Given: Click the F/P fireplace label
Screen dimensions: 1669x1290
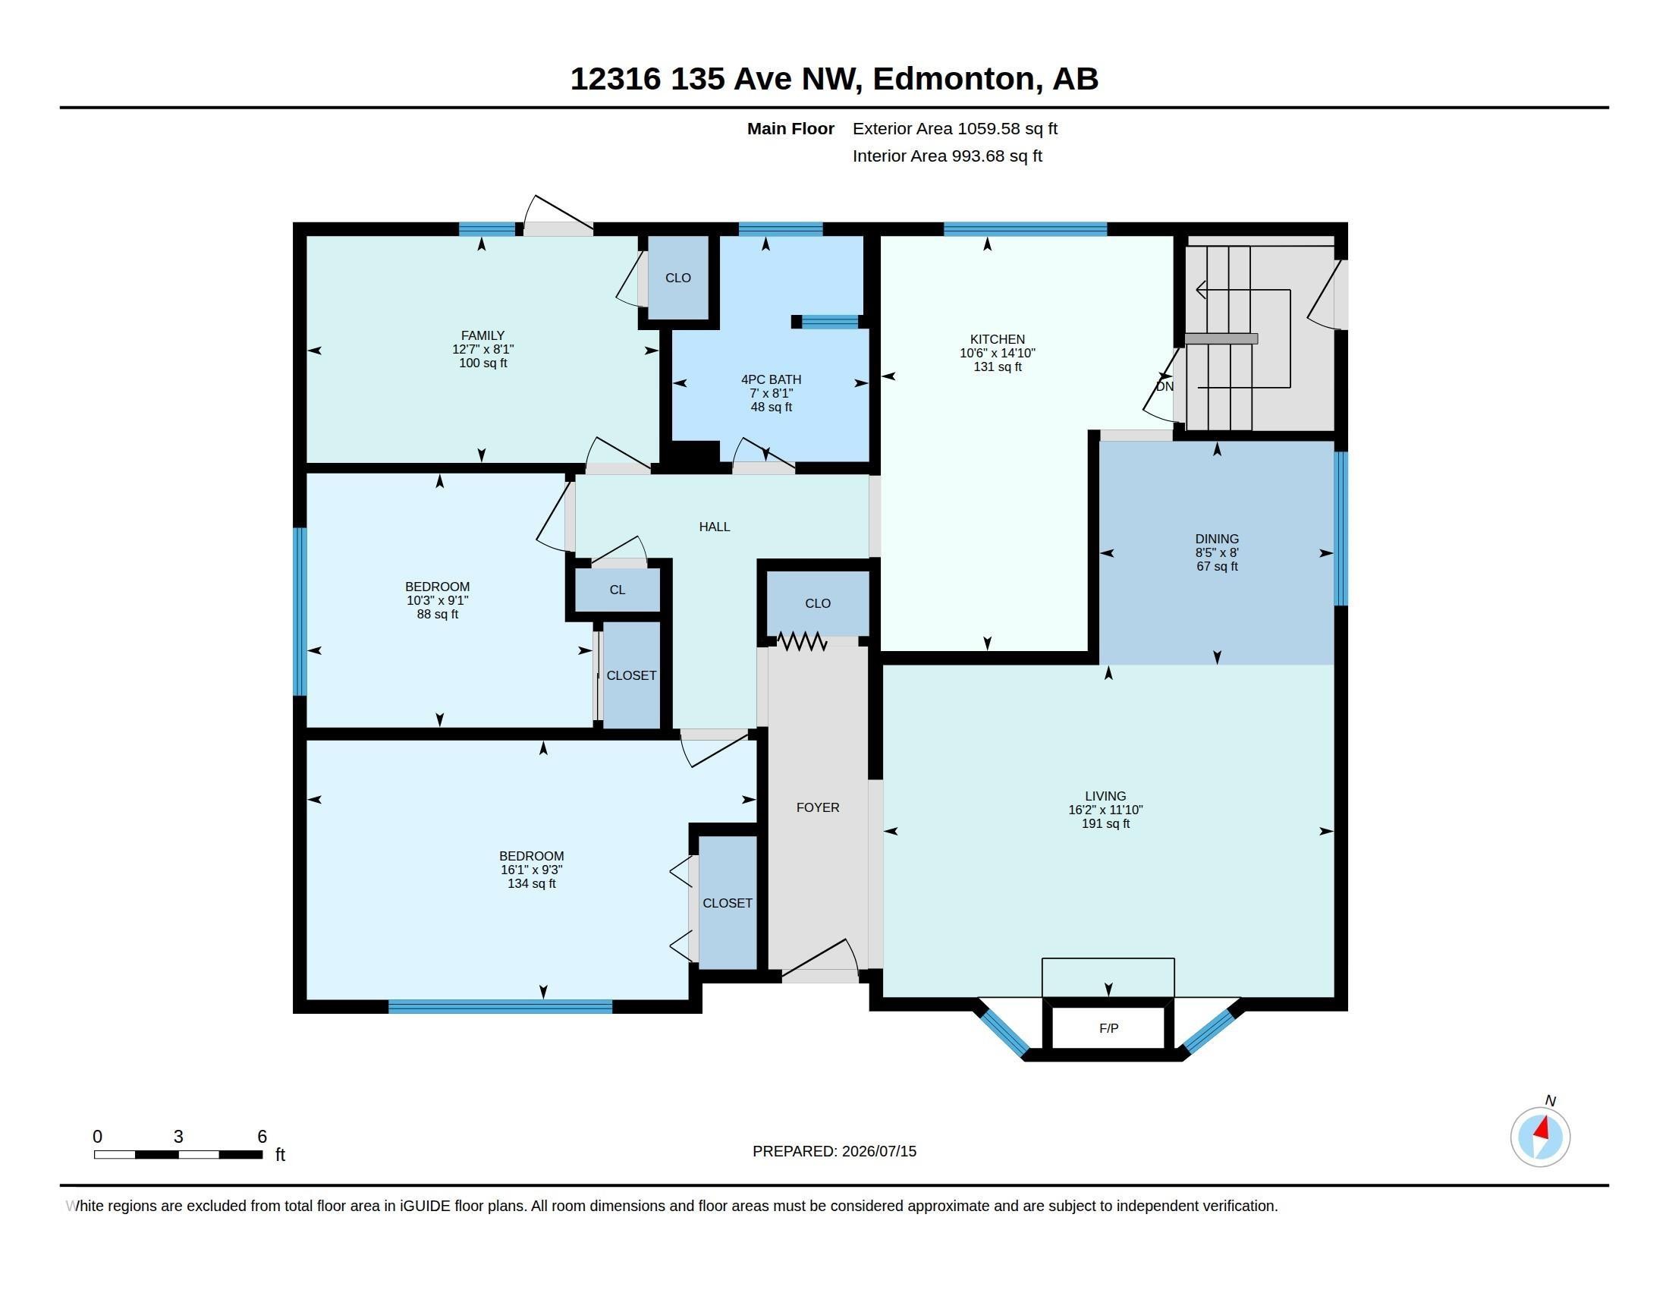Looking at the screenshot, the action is click(x=1108, y=1029).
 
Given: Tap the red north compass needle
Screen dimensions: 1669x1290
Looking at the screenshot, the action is click(x=1542, y=1128).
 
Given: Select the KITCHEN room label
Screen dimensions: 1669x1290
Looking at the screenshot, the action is click(x=998, y=339).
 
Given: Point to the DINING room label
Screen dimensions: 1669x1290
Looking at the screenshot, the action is click(x=1218, y=539).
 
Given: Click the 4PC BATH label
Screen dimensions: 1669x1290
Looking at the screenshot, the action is click(x=771, y=379).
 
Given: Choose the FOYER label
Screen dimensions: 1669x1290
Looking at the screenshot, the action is click(x=818, y=807).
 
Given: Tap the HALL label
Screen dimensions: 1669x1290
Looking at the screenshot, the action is click(x=715, y=527).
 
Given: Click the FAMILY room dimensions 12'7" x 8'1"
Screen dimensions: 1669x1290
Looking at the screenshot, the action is click(x=483, y=349).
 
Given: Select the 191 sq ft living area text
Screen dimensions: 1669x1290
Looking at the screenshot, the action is click(x=1106, y=824).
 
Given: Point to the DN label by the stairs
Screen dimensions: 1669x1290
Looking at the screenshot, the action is click(x=1165, y=387).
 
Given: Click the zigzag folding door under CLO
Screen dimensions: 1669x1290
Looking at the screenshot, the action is click(x=802, y=641).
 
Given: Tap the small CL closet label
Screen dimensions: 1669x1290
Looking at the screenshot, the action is click(x=618, y=590).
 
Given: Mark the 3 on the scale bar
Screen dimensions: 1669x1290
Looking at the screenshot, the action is click(x=178, y=1137).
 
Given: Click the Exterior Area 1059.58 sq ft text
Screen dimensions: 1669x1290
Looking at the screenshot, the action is click(x=955, y=128).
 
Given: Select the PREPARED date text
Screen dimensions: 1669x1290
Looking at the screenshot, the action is click(x=834, y=1151).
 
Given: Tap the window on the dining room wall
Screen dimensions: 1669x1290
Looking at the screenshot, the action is click(x=1341, y=528).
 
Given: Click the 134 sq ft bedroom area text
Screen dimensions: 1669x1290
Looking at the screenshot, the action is click(x=532, y=883).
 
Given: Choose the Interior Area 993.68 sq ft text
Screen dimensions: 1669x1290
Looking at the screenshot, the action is click(x=948, y=156).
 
